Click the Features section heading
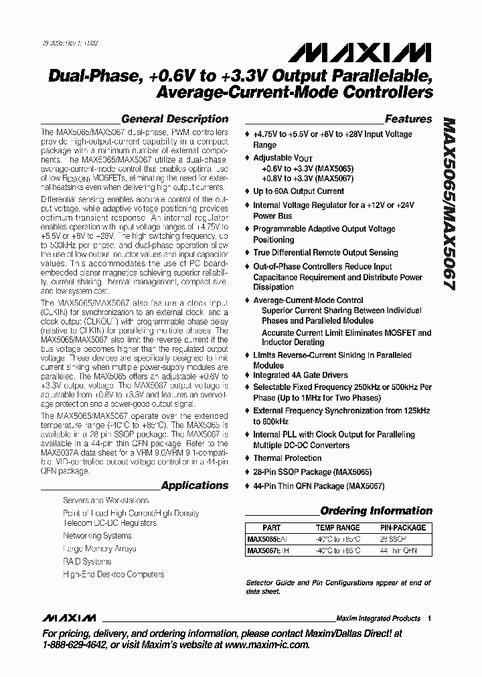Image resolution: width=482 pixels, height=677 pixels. pos(408,119)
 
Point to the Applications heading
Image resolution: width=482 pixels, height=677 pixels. pos(195,485)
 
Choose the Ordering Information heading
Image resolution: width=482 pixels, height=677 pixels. pos(376,511)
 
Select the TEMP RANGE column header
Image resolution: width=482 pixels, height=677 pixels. pos(337,528)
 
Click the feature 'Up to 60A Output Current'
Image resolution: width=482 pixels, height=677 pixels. pos(298,191)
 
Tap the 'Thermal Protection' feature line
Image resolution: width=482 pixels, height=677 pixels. pos(287,458)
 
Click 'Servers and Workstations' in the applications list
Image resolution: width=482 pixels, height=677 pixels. pos(106,500)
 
